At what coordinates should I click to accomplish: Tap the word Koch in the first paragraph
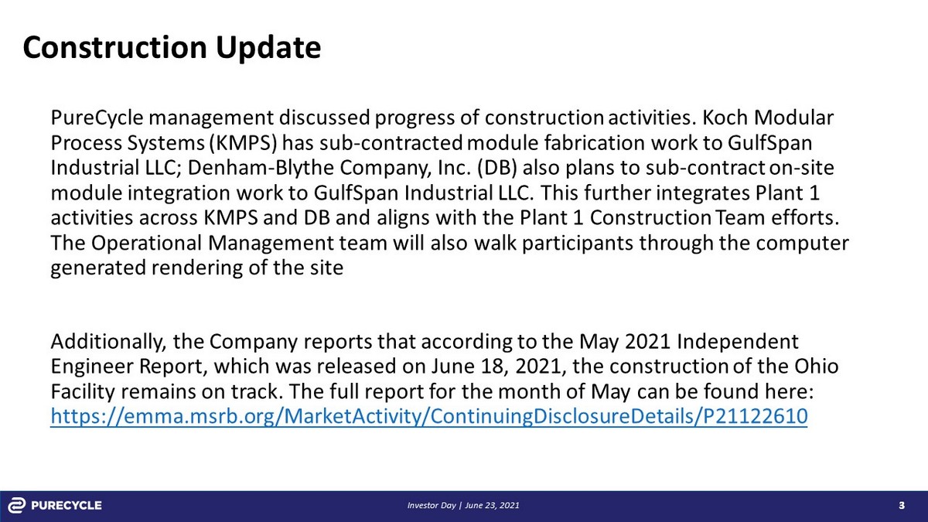click(x=725, y=118)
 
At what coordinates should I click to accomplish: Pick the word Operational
click(x=146, y=243)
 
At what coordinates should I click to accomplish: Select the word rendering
click(x=196, y=268)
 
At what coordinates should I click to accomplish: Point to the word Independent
click(x=738, y=342)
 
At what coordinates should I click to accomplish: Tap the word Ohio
click(x=816, y=367)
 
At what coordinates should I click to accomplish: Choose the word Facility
click(x=83, y=392)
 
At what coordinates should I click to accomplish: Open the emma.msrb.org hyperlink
click(x=429, y=417)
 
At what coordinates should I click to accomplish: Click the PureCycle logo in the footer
click(x=55, y=506)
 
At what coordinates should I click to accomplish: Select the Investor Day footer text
click(x=463, y=506)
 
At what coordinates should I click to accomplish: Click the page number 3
click(x=902, y=506)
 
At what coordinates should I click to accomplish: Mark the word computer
click(x=802, y=243)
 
